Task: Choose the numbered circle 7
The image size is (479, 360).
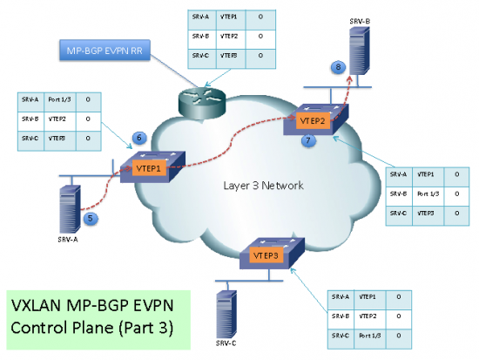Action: pyautogui.click(x=306, y=139)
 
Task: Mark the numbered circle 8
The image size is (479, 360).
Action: pyautogui.click(x=338, y=65)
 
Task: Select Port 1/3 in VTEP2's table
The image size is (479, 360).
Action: pyautogui.click(x=429, y=194)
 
